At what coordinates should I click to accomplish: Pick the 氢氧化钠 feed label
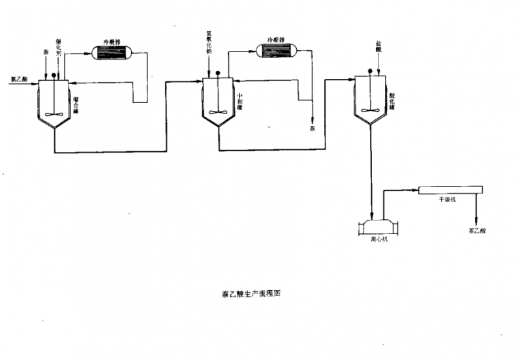[x=209, y=46]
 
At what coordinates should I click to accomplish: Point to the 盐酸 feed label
[x=378, y=45]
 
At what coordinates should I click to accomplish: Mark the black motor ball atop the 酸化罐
[x=370, y=72]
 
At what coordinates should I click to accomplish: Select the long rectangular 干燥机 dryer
[x=450, y=190]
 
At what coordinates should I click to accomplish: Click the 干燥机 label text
[x=447, y=200]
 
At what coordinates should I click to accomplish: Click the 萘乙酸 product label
[x=476, y=230]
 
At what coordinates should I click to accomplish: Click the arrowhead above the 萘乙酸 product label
[x=476, y=221]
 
